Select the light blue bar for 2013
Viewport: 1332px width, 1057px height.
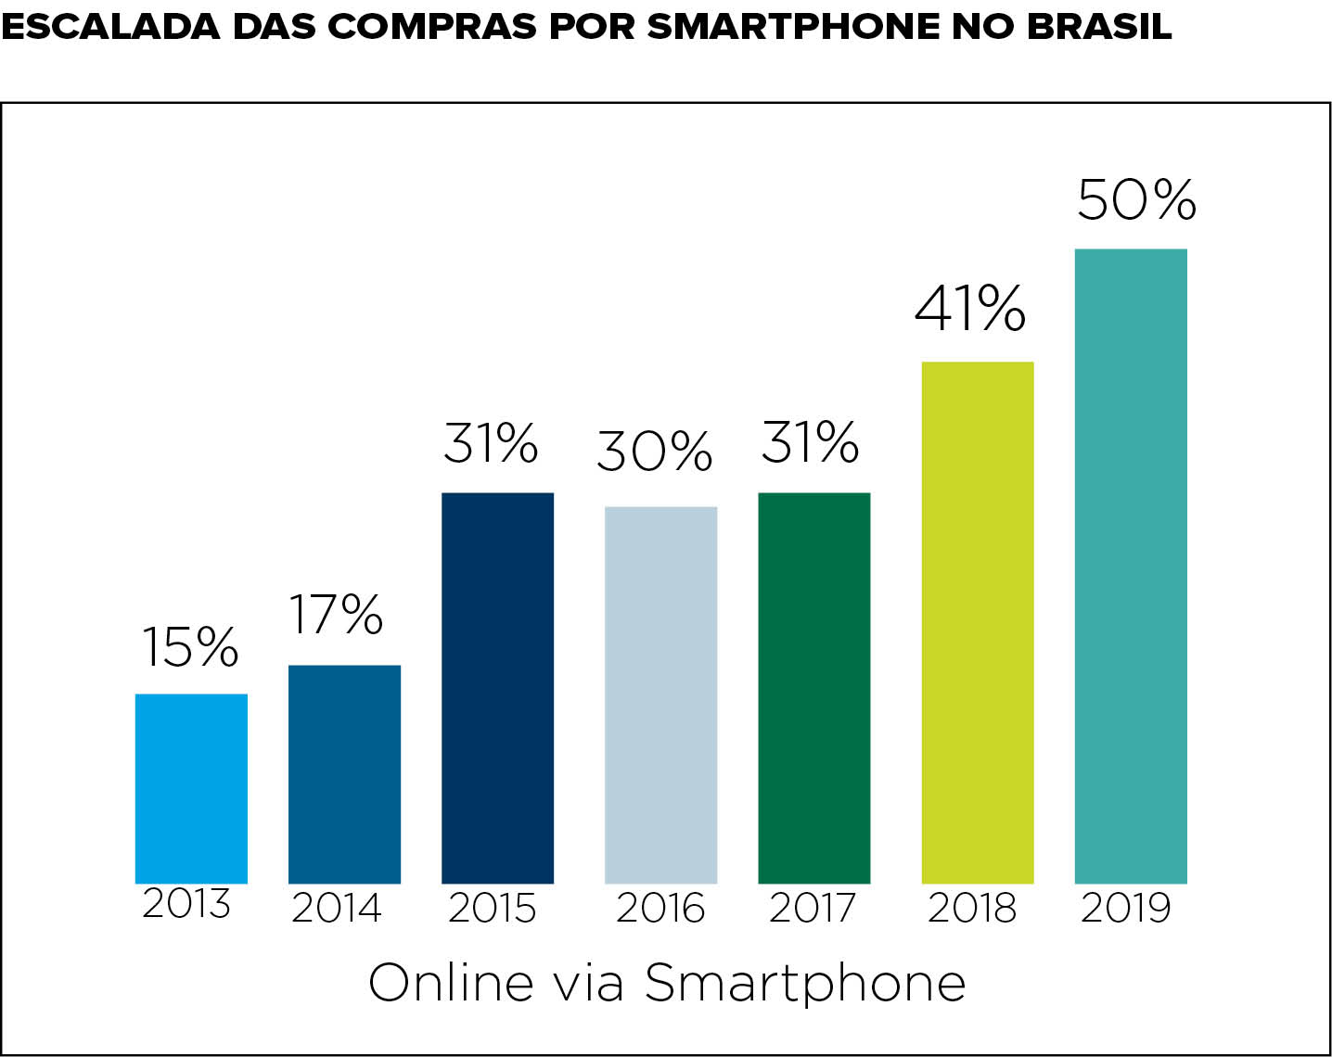tap(191, 788)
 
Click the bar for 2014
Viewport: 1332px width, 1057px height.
tap(344, 774)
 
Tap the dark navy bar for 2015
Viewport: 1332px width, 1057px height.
tap(497, 688)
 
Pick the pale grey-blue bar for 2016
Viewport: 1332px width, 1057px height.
tap(660, 694)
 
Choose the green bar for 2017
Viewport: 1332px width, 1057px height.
tap(813, 688)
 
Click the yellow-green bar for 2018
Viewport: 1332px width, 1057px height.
tap(977, 622)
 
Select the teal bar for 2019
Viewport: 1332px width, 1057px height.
tap(1130, 566)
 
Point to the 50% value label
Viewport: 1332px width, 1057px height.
tap(1136, 198)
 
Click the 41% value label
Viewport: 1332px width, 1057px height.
tap(970, 309)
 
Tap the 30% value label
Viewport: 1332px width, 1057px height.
tap(654, 452)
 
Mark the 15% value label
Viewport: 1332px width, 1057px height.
tap(189, 646)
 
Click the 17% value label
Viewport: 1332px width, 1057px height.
tap(336, 614)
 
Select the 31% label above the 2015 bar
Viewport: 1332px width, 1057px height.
tap(491, 443)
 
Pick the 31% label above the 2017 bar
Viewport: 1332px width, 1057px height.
tap(810, 442)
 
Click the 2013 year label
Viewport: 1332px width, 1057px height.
tap(186, 903)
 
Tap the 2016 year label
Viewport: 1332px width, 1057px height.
tap(660, 908)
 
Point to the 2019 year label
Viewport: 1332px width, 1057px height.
tap(1126, 908)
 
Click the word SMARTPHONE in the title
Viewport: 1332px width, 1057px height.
tap(792, 27)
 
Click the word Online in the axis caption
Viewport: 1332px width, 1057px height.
tap(452, 983)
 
